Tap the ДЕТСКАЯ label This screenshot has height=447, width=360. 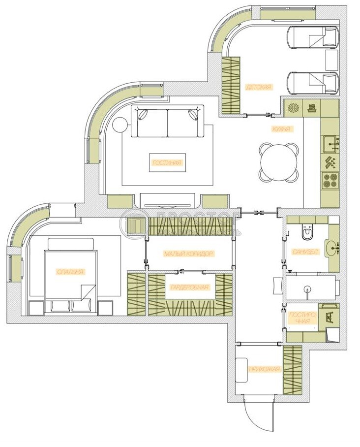pos(259,87)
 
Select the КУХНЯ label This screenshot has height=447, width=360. pos(282,129)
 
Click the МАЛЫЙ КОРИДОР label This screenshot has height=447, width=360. pos(189,254)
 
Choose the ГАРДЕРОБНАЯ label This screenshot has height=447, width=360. pos(190,288)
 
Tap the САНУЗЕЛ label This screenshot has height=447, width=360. pos(305,252)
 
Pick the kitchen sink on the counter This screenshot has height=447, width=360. pos(330,144)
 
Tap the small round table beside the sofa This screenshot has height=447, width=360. pos(120,125)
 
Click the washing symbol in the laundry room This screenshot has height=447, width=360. pos(329,315)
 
